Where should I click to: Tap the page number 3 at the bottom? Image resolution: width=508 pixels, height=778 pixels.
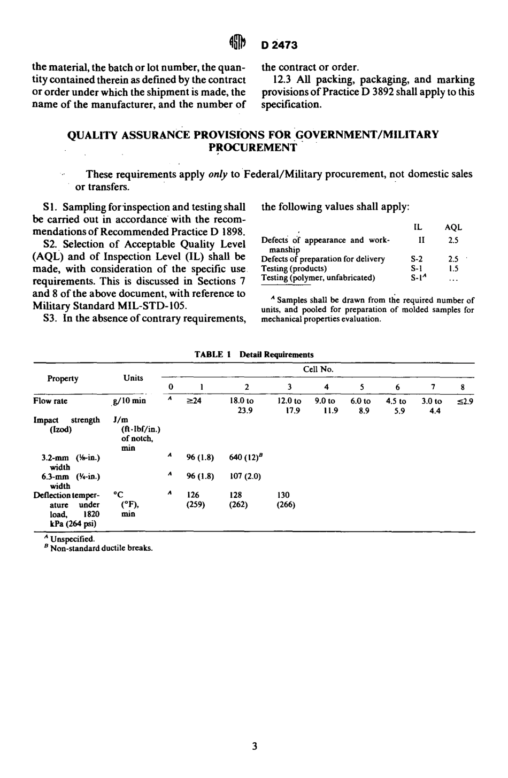(x=255, y=746)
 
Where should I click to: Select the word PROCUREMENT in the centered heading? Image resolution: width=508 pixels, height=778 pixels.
(x=252, y=148)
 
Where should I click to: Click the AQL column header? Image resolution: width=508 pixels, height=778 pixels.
(x=453, y=227)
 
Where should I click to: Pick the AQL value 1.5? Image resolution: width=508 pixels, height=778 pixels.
(x=453, y=268)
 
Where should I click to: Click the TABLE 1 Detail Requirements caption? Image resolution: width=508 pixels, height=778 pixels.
(x=254, y=354)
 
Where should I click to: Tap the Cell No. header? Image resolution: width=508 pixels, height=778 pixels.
(x=318, y=369)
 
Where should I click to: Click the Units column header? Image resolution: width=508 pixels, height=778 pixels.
(x=133, y=378)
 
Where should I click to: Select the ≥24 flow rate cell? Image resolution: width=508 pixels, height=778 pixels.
(x=194, y=401)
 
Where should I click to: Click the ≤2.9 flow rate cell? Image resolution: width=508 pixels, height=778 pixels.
(x=465, y=401)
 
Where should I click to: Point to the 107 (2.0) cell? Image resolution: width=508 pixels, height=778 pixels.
(x=245, y=476)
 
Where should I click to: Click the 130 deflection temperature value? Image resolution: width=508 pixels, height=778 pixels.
(x=283, y=495)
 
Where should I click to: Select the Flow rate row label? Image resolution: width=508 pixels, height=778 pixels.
(x=50, y=401)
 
